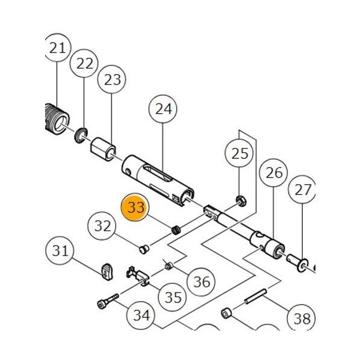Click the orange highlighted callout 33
[x=135, y=207]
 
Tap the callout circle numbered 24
[x=163, y=109]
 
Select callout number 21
[x=57, y=48]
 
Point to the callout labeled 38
[x=302, y=318]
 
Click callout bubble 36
[x=201, y=282]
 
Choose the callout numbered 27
[x=302, y=190]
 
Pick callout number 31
[x=60, y=250]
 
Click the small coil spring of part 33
[x=176, y=231]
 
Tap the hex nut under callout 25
[x=241, y=200]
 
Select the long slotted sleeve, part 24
[x=158, y=181]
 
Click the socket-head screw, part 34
[x=108, y=301]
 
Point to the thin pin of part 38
[x=256, y=296]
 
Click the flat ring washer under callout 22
[x=81, y=135]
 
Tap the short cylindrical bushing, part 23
[x=102, y=149]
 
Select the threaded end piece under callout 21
[x=57, y=119]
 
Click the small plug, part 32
[x=144, y=249]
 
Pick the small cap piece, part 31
[x=107, y=272]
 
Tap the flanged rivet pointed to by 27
[x=297, y=262]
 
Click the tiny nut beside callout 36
[x=169, y=266]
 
